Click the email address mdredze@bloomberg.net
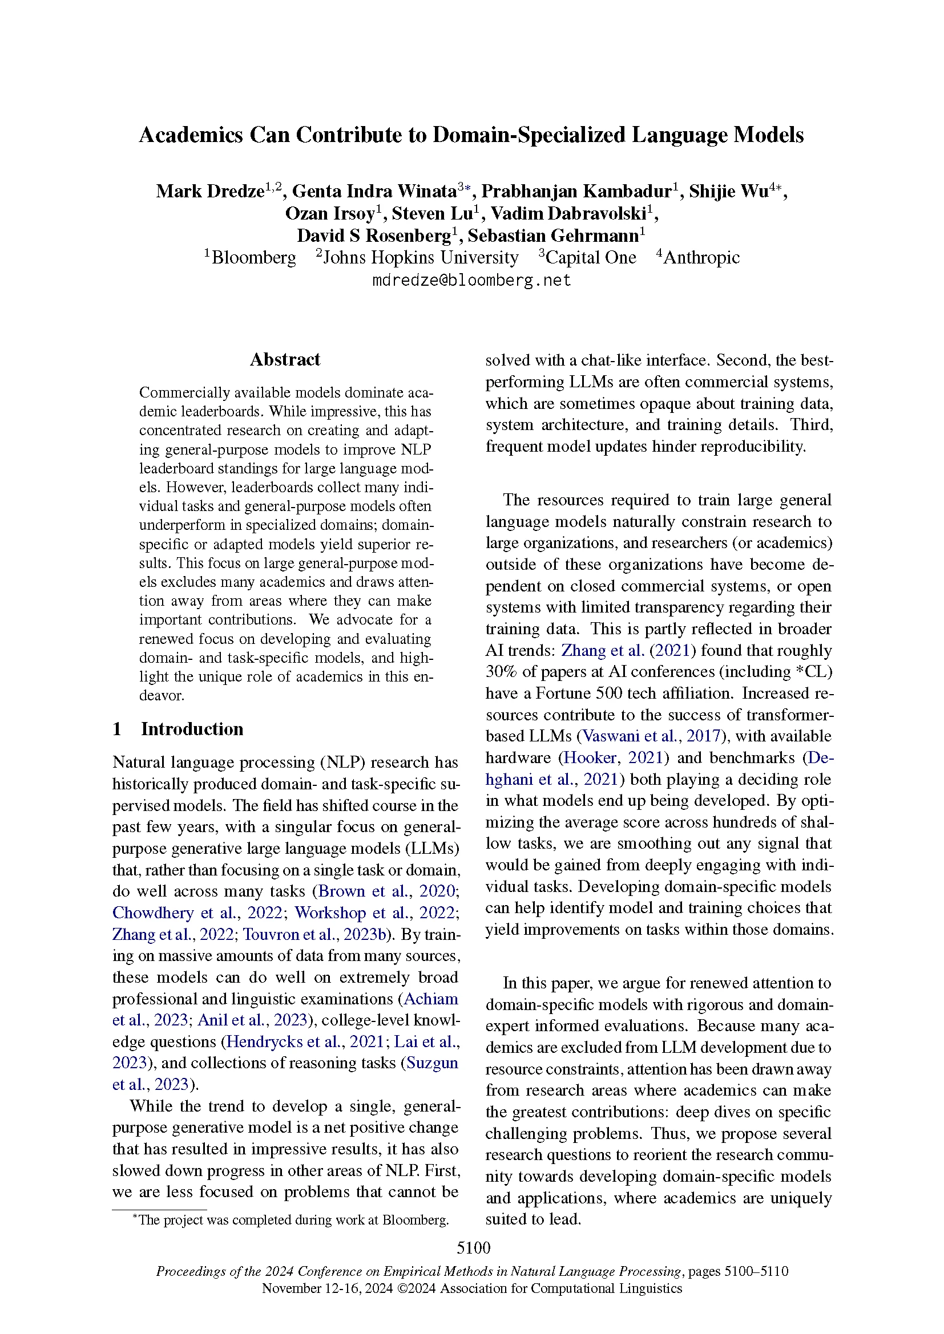(x=471, y=280)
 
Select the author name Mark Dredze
(x=210, y=191)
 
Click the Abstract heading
(x=285, y=360)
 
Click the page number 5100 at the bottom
(x=473, y=1247)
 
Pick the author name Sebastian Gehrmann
(x=553, y=236)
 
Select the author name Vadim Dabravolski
(x=568, y=214)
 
